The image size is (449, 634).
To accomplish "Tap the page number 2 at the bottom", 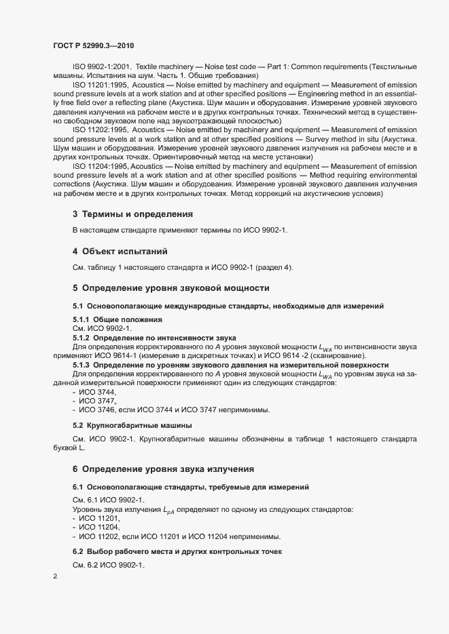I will coord(55,576).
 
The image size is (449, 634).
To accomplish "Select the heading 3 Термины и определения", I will coord(132,214).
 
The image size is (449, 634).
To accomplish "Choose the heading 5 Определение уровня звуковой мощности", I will coord(171,288).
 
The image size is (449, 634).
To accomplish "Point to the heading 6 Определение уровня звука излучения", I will coord(163,469).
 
